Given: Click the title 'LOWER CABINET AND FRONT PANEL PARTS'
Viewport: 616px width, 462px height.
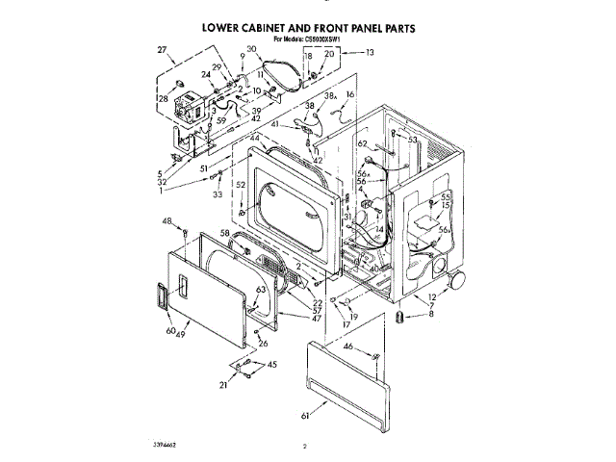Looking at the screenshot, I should pos(308,29).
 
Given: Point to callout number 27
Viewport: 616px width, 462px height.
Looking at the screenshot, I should pos(161,49).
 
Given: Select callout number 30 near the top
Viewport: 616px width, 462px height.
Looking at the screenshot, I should pos(251,49).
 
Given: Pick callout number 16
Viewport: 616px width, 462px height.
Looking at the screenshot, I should pos(350,94).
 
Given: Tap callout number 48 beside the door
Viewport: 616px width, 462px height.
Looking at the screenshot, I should pos(167,220).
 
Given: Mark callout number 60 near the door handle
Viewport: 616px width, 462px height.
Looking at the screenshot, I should pos(170,330).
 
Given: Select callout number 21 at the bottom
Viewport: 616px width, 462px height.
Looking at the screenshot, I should pos(223,384).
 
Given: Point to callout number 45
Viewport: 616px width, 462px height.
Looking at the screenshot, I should pos(271,364).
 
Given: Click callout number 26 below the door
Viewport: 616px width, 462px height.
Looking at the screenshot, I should pos(263,343).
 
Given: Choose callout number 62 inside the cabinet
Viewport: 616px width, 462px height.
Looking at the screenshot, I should pos(363,143).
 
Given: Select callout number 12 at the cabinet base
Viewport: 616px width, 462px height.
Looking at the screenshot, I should pos(432,296).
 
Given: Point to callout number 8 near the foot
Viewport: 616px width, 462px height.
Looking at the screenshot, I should pos(431,314).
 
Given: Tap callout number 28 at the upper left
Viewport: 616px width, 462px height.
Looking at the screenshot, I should pos(163,97).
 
